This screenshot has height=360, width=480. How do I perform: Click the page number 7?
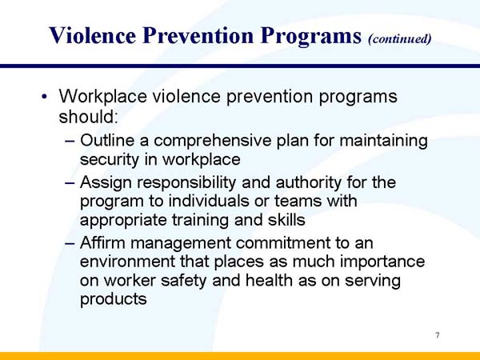[438, 334]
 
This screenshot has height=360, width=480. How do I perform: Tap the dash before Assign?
[69, 182]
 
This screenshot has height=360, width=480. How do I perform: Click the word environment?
[127, 262]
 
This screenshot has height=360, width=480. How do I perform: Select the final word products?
[114, 300]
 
